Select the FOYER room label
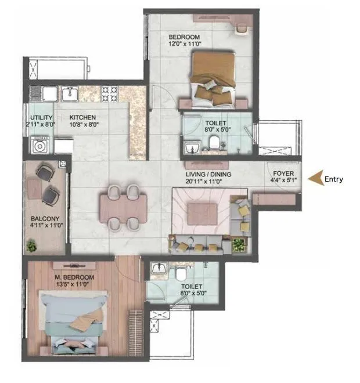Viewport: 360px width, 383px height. point(283,174)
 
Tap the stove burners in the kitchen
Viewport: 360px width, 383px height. point(110,92)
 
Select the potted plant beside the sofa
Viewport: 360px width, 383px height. point(238,245)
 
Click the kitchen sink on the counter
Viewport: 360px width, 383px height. point(71,92)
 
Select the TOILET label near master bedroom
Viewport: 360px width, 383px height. point(191,287)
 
